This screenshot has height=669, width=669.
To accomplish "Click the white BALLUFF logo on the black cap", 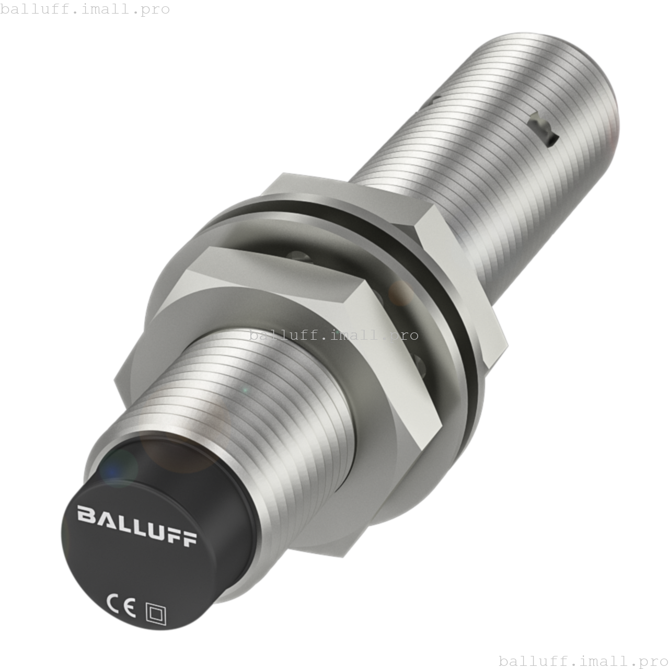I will (x=137, y=526).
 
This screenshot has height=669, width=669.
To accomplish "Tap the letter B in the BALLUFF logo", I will (x=86, y=514).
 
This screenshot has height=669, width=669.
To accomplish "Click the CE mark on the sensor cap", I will (x=121, y=605).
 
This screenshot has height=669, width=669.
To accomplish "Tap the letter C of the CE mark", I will (x=113, y=603).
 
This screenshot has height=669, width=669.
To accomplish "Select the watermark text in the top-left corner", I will (x=85, y=9).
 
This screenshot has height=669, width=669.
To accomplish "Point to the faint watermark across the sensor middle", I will (x=333, y=335).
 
